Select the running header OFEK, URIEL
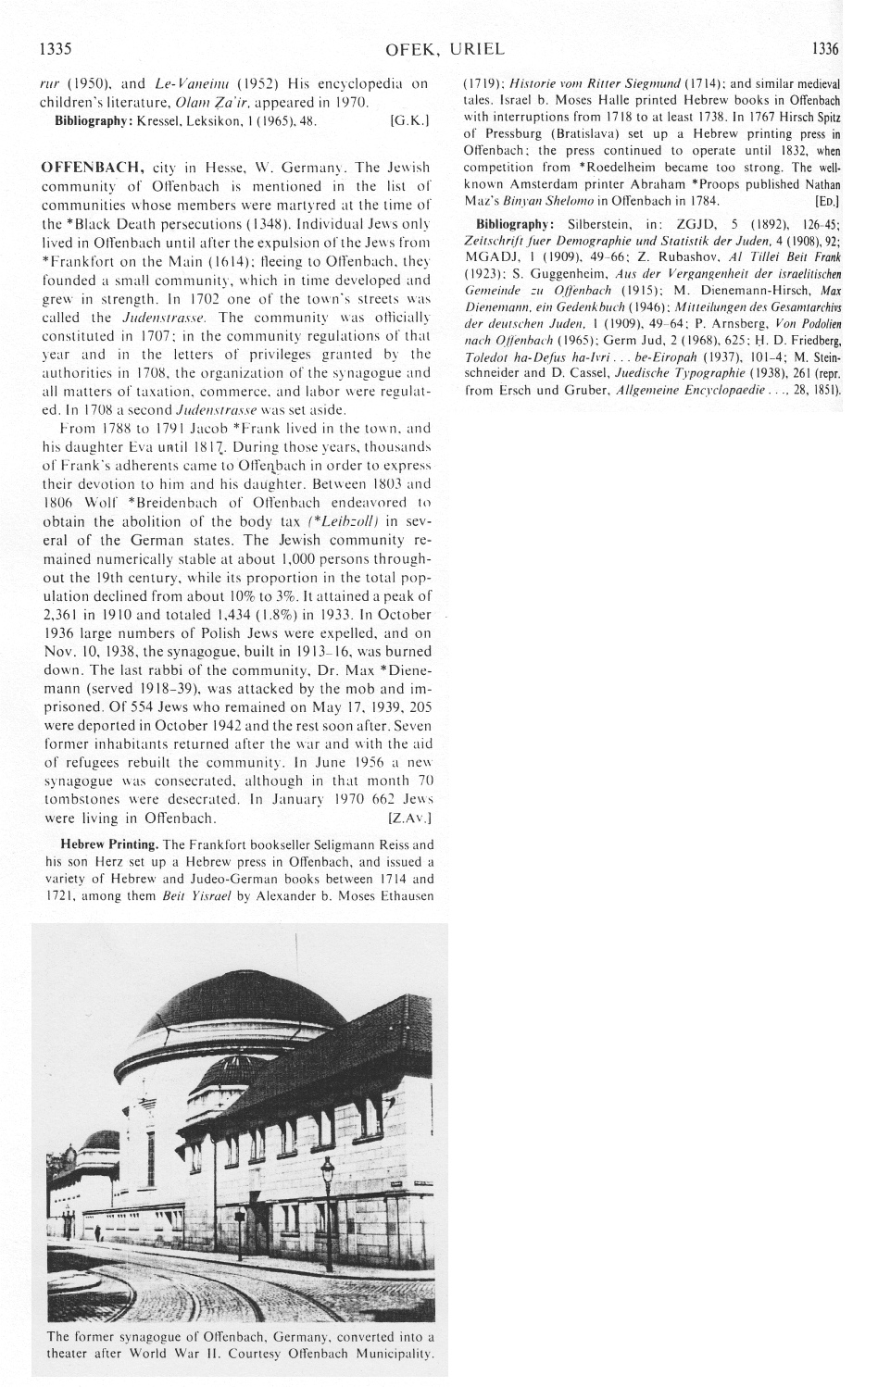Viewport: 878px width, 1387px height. [440, 47]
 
